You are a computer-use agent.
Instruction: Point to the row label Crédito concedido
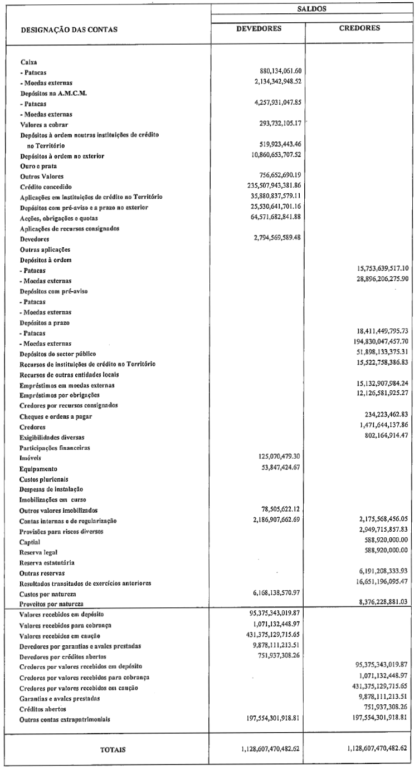[x=47, y=186]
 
